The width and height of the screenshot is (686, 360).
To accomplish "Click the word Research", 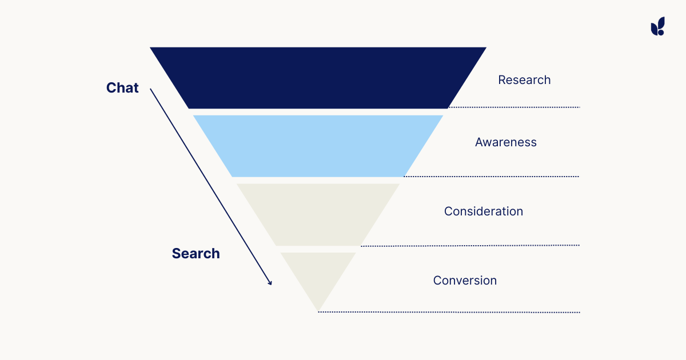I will pyautogui.click(x=524, y=80).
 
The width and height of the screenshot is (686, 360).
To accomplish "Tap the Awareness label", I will pyautogui.click(x=506, y=142).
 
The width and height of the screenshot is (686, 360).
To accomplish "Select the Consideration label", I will pyautogui.click(x=484, y=211).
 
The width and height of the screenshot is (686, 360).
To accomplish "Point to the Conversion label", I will pyautogui.click(x=465, y=281).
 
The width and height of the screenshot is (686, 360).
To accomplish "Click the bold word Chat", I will pyautogui.click(x=122, y=88).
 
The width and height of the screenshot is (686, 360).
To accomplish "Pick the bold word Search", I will pyautogui.click(x=196, y=254).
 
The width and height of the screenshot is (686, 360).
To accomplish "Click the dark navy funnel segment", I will pyautogui.click(x=318, y=78).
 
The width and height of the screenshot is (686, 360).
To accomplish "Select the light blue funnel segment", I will pyautogui.click(x=318, y=146).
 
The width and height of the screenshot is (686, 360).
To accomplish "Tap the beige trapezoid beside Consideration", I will pyautogui.click(x=318, y=214).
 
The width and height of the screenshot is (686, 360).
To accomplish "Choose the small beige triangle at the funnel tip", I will pyautogui.click(x=318, y=277).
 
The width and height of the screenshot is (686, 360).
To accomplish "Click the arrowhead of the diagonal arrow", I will pyautogui.click(x=270, y=282).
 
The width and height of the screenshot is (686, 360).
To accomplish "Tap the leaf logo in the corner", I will pyautogui.click(x=657, y=26).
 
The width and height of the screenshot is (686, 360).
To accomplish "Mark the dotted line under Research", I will pyautogui.click(x=514, y=107).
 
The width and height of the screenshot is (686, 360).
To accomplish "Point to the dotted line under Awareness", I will pyautogui.click(x=492, y=177).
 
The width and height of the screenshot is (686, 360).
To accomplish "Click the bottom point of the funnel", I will pyautogui.click(x=318, y=310).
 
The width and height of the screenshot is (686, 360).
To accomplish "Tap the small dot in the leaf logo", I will pyautogui.click(x=661, y=32).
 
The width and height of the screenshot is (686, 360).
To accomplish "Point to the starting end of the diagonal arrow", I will pyautogui.click(x=151, y=89).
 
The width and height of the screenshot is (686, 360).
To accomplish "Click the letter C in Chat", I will pyautogui.click(x=111, y=88).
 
